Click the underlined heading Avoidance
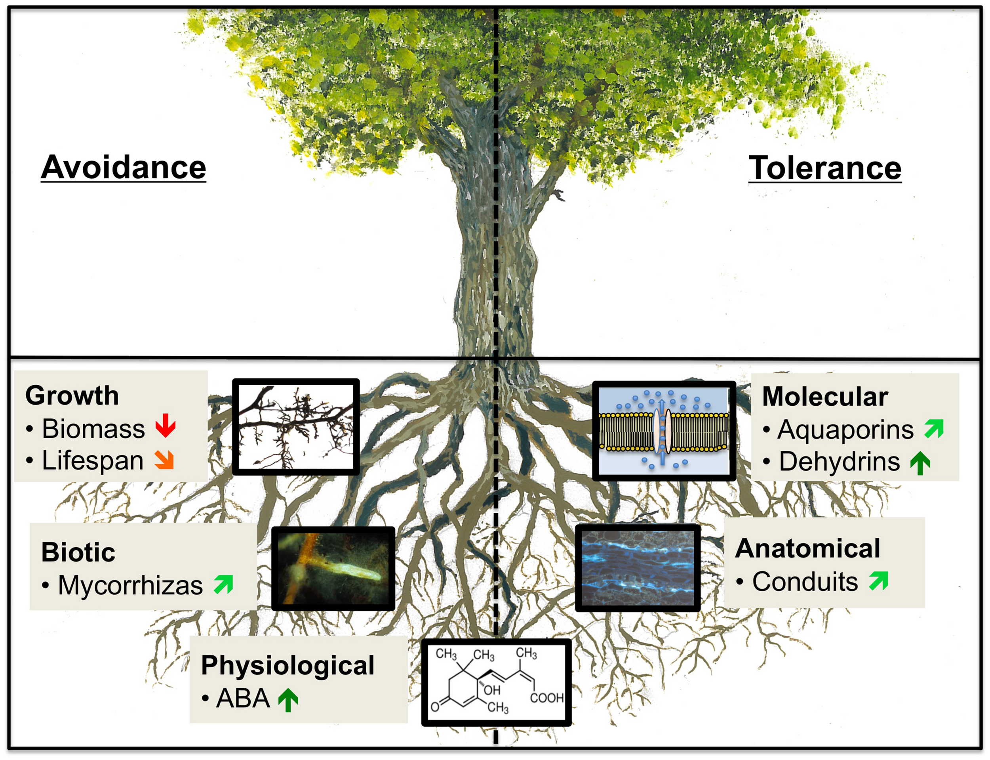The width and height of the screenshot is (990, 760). click(x=123, y=167)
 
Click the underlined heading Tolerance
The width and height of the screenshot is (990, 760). click(x=824, y=168)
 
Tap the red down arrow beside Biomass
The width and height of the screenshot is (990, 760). click(x=165, y=425)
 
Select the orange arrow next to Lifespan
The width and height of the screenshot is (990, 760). click(x=164, y=460)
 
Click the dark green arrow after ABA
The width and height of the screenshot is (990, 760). click(x=288, y=699)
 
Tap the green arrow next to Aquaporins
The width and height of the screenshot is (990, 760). click(x=933, y=428)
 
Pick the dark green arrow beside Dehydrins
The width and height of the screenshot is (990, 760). click(x=920, y=463)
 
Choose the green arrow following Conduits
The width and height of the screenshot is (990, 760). click(x=878, y=581)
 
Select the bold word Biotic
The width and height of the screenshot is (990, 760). click(x=78, y=552)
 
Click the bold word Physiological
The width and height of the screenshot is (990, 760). click(x=287, y=665)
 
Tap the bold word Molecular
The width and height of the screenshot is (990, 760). click(x=824, y=396)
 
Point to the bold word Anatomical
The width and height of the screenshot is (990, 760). click(x=807, y=548)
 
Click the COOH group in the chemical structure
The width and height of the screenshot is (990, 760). click(x=546, y=698)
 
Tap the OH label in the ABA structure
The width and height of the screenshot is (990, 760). click(x=492, y=690)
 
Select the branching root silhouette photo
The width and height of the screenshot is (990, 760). click(x=296, y=427)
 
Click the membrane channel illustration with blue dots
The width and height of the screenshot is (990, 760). click(x=663, y=430)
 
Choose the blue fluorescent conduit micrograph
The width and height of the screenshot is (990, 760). click(x=638, y=568)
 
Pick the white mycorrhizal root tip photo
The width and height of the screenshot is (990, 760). click(x=333, y=568)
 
